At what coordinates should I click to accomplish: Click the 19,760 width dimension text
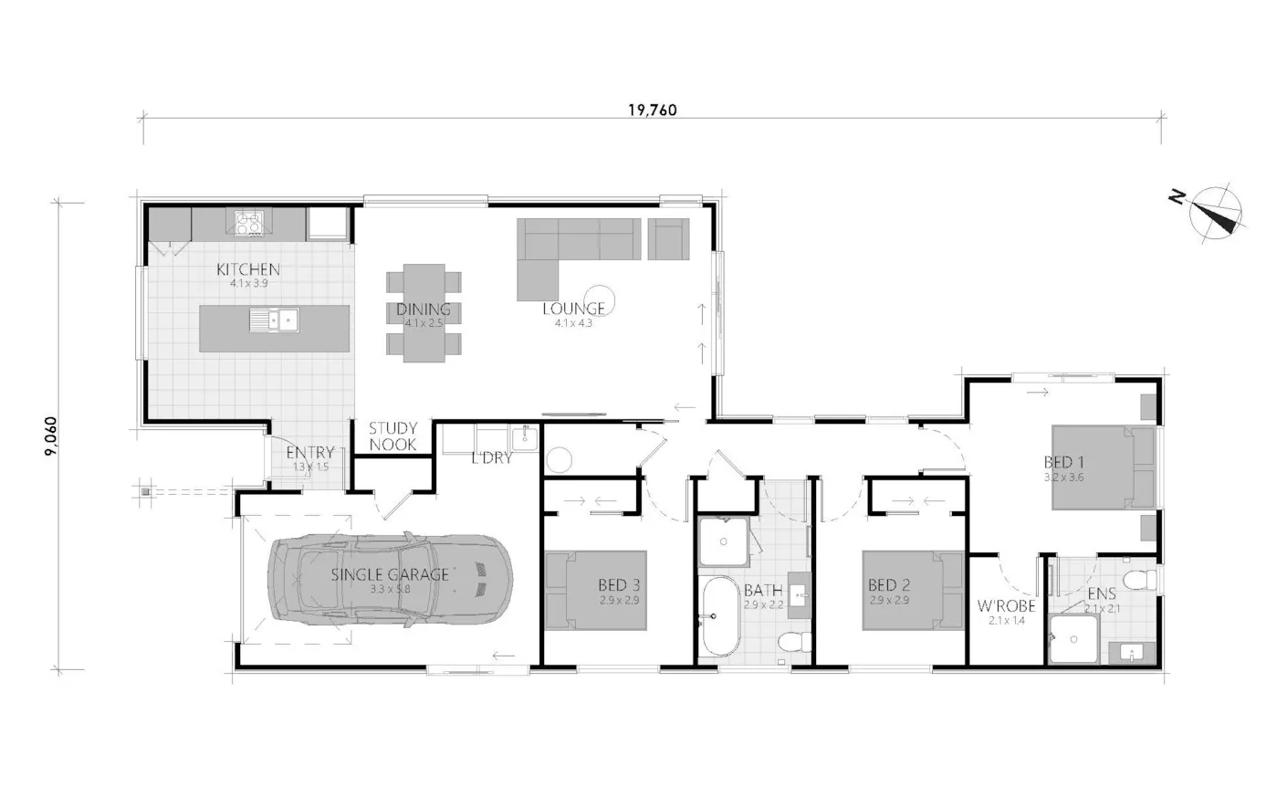(652, 110)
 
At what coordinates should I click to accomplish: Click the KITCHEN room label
(248, 269)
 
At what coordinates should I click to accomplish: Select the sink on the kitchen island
(274, 320)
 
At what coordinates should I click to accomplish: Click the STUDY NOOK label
(393, 436)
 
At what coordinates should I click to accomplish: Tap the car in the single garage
(390, 579)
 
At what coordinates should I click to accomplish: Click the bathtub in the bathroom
(719, 616)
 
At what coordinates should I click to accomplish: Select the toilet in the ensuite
(1140, 580)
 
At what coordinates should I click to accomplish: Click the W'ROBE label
(1006, 606)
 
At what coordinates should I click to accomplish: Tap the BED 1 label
(1064, 462)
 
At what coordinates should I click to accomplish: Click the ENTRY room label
(310, 453)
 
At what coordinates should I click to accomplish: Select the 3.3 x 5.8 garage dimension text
(391, 590)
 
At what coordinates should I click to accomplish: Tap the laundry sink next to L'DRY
(525, 438)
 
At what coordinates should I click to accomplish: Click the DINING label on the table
(424, 310)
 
